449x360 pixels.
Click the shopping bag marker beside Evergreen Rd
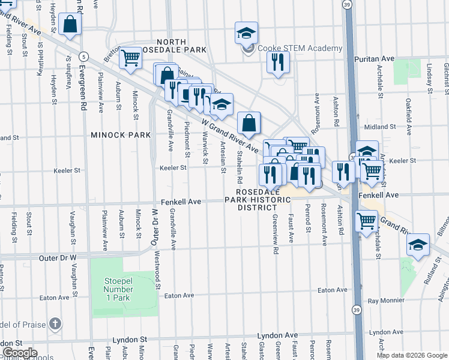pos(70,25)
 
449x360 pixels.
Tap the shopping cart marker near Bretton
pos(130,58)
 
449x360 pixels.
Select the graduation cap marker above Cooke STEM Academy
pos(246,33)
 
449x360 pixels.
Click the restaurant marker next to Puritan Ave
pos(278,62)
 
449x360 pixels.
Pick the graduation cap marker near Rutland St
pos(418,245)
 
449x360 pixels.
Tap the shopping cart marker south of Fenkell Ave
pos(366,221)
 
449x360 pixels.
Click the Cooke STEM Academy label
pos(300,49)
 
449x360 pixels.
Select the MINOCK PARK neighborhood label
pos(121,135)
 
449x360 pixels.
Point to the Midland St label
pos(380,127)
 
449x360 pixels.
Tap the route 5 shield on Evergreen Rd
pos(85,56)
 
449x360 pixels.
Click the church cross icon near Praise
pos(55,325)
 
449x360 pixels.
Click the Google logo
pos(19,353)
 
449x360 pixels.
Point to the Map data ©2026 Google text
pos(411,355)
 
